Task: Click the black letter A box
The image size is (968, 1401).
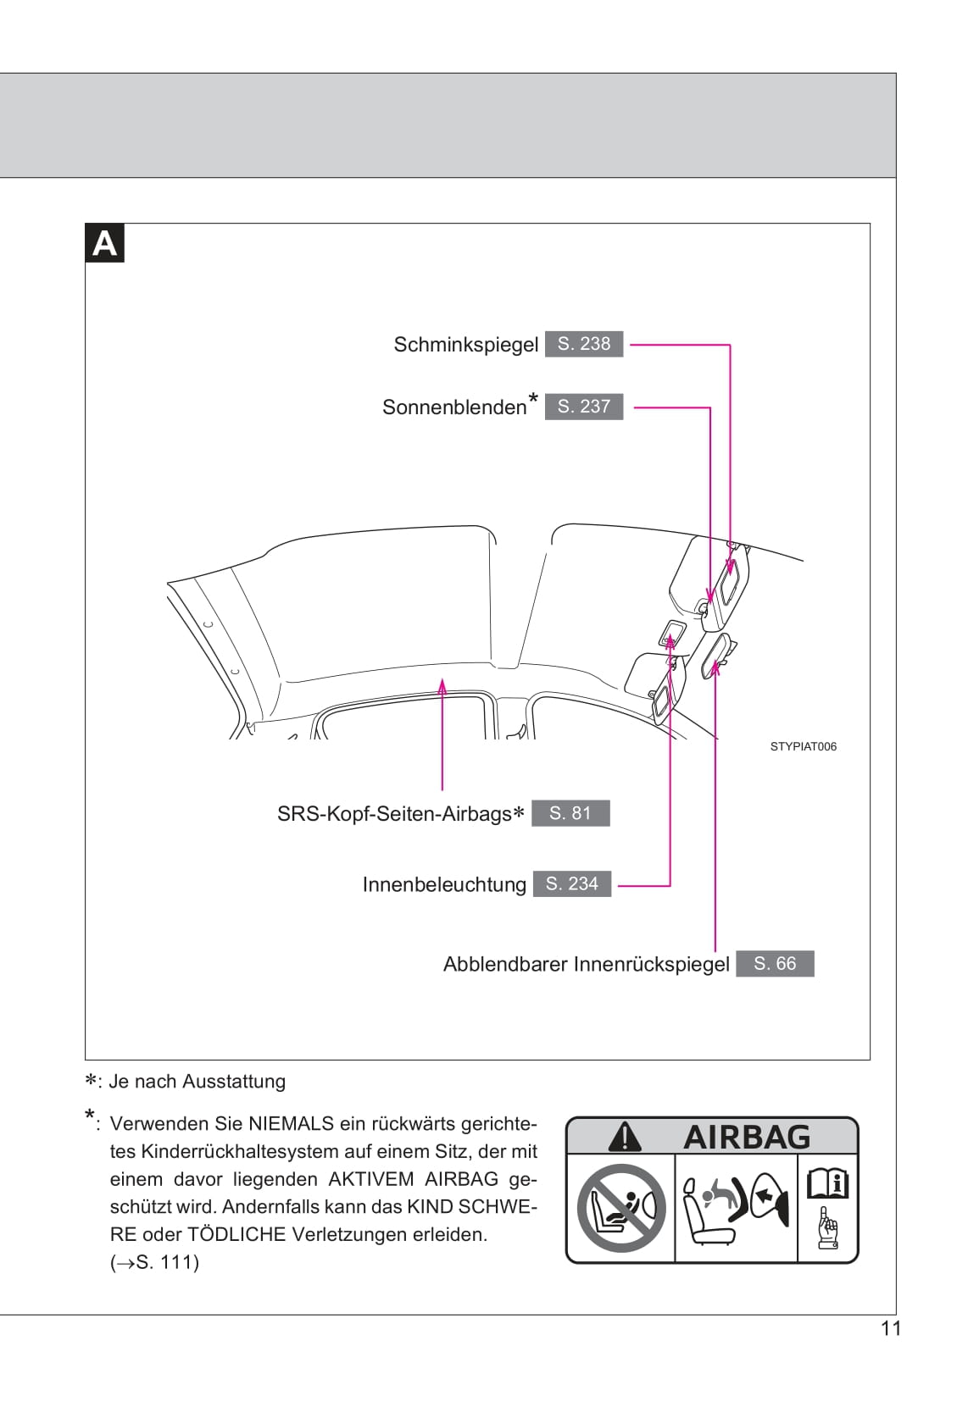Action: click(x=104, y=243)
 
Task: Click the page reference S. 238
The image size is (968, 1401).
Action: click(x=583, y=344)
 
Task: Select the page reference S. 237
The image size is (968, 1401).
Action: click(x=583, y=407)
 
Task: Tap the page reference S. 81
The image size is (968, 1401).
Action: click(x=570, y=813)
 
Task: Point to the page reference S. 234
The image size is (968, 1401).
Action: click(x=571, y=883)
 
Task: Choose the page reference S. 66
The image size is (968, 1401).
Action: click(x=775, y=964)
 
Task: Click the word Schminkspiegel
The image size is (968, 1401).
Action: click(x=465, y=345)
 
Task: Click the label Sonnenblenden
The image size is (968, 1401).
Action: click(x=454, y=407)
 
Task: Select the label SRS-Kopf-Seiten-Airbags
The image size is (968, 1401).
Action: click(x=394, y=814)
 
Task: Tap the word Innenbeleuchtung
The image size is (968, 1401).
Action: click(x=444, y=884)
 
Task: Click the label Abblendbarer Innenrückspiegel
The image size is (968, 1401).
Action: click(x=586, y=965)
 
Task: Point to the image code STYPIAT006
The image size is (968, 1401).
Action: click(x=803, y=746)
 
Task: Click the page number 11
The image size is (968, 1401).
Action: click(x=890, y=1328)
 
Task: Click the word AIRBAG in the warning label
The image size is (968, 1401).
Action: click(x=747, y=1137)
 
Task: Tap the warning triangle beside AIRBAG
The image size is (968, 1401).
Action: click(x=625, y=1137)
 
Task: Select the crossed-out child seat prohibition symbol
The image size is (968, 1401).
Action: click(x=620, y=1208)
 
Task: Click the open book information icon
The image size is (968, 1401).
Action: click(x=826, y=1183)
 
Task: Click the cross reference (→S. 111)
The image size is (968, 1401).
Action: click(x=154, y=1262)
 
